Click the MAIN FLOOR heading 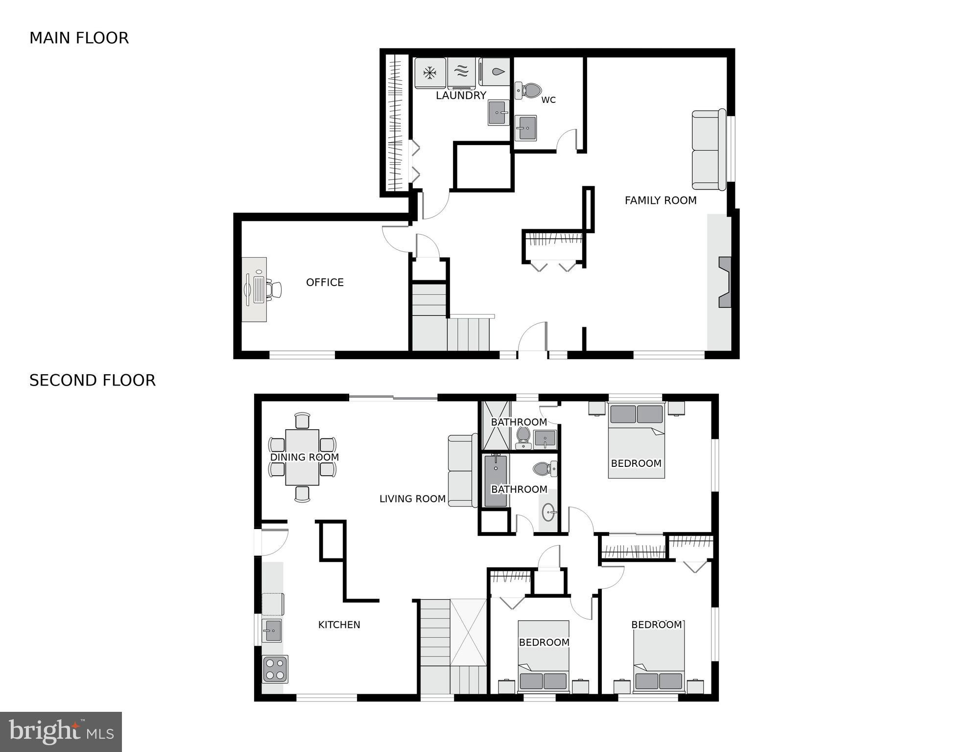click(79, 38)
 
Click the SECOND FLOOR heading click(92, 381)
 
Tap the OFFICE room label click(325, 282)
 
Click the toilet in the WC click(529, 90)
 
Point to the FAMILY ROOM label click(660, 200)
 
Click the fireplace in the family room click(724, 282)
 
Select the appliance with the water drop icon click(496, 72)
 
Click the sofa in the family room click(708, 150)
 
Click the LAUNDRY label click(461, 96)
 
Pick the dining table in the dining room click(302, 457)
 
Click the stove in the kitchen click(275, 669)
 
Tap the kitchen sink click(272, 630)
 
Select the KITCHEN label click(339, 625)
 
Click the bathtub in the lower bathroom click(495, 480)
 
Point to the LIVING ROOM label click(412, 499)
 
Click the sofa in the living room click(462, 471)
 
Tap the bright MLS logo click(61, 731)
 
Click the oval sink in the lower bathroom click(548, 513)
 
